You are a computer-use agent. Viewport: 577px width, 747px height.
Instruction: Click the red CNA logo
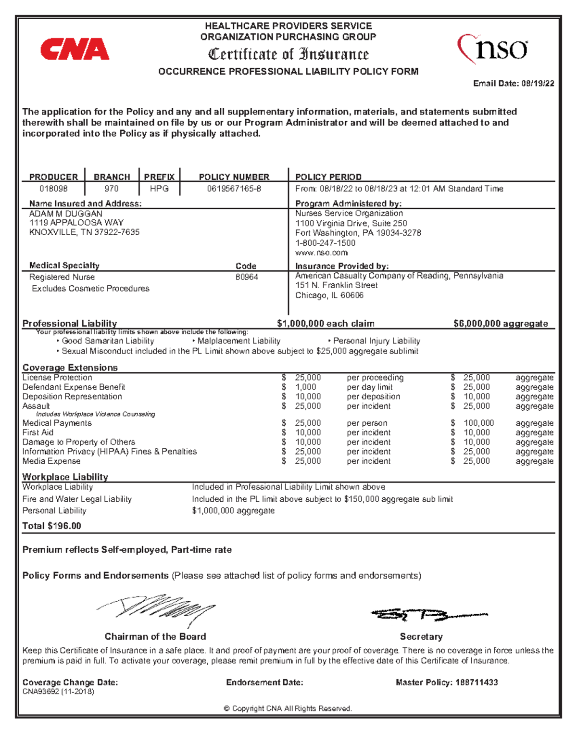pos(75,50)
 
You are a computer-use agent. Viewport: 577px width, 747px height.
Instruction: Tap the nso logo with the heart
pos(492,49)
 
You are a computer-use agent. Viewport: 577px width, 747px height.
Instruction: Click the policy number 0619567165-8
pos(234,189)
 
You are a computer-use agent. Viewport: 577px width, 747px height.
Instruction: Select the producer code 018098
pos(53,189)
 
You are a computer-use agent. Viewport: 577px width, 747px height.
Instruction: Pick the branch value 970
pos(112,189)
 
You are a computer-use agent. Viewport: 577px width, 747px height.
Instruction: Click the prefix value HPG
pos(159,189)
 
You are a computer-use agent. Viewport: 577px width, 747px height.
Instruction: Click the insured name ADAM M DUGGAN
pos(66,214)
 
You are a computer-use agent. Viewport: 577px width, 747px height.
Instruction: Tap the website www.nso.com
pos(321,253)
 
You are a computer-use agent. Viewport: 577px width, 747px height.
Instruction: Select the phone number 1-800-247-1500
pos(325,243)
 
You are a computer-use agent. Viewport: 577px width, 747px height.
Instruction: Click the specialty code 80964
pos(247,277)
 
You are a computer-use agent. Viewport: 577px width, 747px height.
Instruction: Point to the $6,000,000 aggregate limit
pos(501,323)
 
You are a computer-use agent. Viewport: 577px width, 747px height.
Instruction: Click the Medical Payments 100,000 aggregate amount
pos(478,423)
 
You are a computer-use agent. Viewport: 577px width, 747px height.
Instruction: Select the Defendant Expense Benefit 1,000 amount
pos(305,387)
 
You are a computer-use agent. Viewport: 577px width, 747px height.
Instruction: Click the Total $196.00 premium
pos(52,526)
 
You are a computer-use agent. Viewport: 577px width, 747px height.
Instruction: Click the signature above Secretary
pos(428,614)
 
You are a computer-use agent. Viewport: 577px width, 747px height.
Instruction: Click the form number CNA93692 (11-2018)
pos(58,692)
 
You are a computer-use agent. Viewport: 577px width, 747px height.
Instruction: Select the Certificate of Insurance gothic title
pos(288,54)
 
